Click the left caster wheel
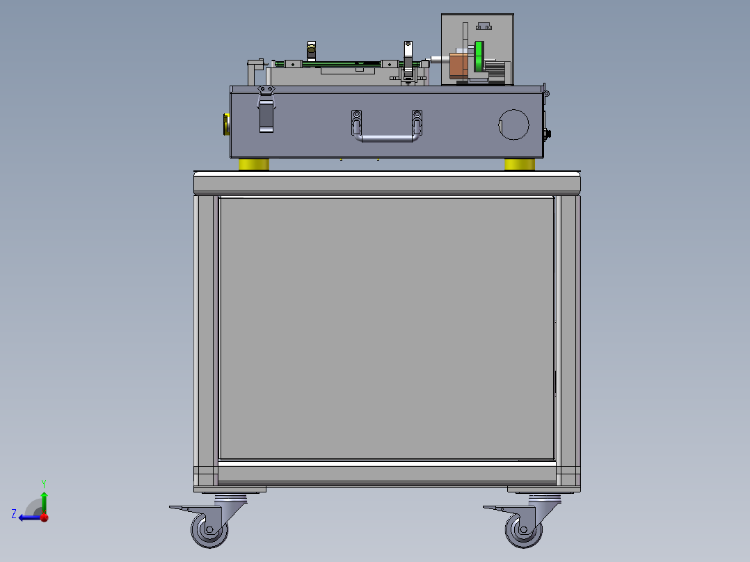tap(209, 532)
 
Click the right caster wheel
tap(522, 532)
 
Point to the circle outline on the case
tap(514, 125)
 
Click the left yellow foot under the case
tap(254, 165)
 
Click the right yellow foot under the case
tap(520, 165)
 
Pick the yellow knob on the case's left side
tap(225, 125)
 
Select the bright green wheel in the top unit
tap(479, 57)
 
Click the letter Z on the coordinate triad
tap(14, 513)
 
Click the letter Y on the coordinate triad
tap(43, 482)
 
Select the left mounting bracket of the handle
tap(357, 122)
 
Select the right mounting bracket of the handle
tap(417, 122)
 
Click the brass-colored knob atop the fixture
tap(312, 49)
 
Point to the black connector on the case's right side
tap(547, 133)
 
